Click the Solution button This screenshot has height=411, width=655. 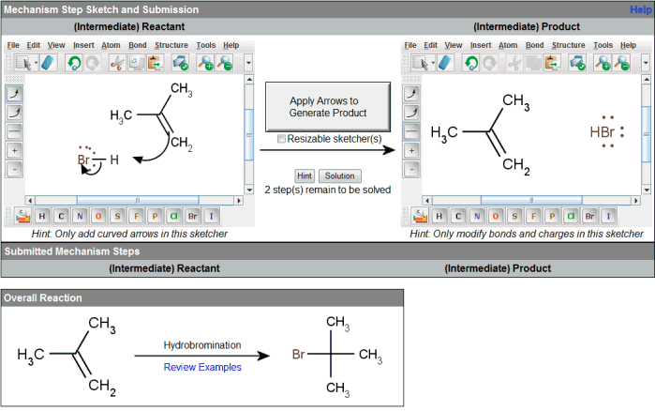point(339,175)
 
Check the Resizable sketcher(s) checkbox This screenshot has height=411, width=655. point(282,139)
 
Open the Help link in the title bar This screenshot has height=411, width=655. point(641,9)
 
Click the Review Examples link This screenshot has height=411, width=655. point(202,367)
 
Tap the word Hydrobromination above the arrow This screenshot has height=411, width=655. point(202,345)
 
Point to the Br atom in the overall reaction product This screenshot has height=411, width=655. point(298,356)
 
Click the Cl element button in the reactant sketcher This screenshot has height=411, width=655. point(171,217)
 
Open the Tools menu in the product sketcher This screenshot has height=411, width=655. point(603,45)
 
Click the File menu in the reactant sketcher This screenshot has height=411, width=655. point(13,45)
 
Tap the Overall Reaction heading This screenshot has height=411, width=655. point(42,297)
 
